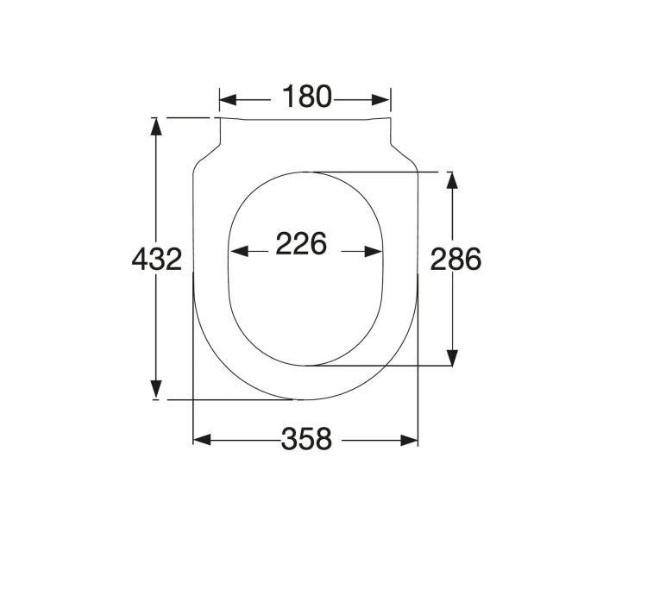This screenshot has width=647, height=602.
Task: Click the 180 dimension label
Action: pyautogui.click(x=306, y=97)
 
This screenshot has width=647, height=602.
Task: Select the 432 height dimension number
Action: pyautogui.click(x=157, y=259)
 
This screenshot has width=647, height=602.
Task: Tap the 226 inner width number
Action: pyautogui.click(x=301, y=245)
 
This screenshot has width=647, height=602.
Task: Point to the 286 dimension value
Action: pyautogui.click(x=455, y=259)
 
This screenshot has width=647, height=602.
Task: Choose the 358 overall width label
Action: pyautogui.click(x=306, y=439)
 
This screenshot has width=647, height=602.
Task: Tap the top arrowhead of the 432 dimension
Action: pyautogui.click(x=156, y=126)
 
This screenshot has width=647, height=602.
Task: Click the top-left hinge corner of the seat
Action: pyautogui.click(x=220, y=118)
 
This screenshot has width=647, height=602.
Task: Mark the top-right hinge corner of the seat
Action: pyautogui.click(x=390, y=118)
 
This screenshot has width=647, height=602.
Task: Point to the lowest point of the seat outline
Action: pyautogui.click(x=305, y=400)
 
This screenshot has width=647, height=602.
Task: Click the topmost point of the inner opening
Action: pyautogui.click(x=305, y=172)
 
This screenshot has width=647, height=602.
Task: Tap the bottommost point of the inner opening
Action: pyautogui.click(x=305, y=365)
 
